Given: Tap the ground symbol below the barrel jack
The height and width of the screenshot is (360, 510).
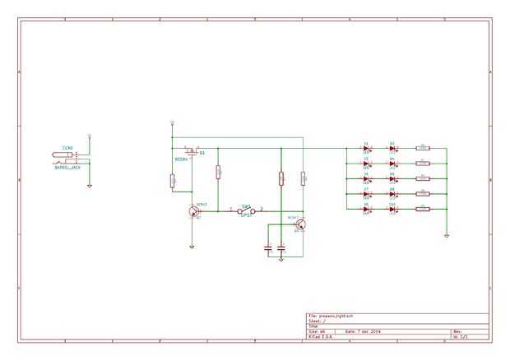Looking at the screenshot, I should [x=90, y=185].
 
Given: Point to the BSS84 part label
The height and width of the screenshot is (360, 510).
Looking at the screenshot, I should [x=181, y=159].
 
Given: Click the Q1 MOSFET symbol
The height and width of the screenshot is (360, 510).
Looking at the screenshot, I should [x=192, y=152].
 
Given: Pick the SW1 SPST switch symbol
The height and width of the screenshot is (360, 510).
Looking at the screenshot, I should [x=246, y=211].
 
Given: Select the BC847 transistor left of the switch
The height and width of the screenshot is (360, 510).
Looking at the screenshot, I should [x=193, y=211].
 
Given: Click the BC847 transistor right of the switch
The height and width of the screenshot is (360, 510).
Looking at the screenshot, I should [x=300, y=224].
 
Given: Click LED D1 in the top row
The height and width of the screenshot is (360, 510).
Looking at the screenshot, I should [x=366, y=149].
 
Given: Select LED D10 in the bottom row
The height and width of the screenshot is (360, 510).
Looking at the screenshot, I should [x=392, y=209].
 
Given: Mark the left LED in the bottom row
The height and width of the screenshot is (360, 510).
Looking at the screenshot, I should [x=366, y=209].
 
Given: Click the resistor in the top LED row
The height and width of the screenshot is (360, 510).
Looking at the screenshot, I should [x=423, y=149].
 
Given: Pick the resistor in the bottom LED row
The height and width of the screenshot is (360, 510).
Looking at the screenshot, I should [x=423, y=209].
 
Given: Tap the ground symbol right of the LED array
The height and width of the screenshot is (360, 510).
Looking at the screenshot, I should [x=447, y=235].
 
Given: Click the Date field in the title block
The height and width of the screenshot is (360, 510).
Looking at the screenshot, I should [x=362, y=331].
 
